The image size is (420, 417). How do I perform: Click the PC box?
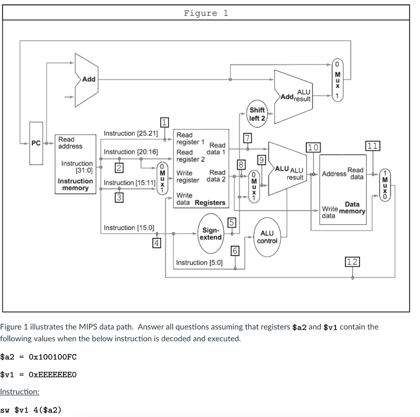36,143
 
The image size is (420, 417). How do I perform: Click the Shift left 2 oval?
257,114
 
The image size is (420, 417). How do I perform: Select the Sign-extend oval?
212,234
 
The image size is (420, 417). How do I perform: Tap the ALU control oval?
267,237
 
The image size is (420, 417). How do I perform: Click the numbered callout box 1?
164,122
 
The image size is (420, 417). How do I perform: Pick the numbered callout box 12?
352,262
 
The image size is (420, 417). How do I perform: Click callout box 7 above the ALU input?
247,138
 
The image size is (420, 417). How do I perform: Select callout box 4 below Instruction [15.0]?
156,243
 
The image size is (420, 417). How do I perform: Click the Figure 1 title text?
206,13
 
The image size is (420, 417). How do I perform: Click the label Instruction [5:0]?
199,262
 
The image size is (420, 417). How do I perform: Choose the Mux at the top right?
338,80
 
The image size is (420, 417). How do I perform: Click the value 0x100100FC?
53,357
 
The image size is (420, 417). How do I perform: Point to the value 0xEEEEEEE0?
53,374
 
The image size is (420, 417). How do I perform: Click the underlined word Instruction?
20,392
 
